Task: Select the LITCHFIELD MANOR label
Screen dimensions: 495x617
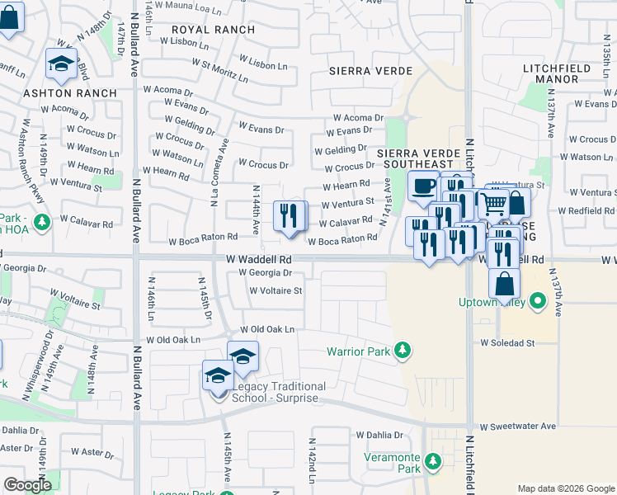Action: click(x=550, y=73)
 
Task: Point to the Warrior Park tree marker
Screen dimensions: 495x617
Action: click(x=403, y=351)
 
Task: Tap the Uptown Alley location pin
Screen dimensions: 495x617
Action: click(x=538, y=301)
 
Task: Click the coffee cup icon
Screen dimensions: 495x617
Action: click(x=423, y=187)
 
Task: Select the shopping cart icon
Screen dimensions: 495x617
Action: click(x=493, y=202)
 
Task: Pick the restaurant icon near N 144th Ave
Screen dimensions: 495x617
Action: click(x=290, y=217)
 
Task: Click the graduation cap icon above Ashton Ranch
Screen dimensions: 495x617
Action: click(x=61, y=64)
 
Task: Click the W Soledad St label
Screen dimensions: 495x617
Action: click(x=507, y=342)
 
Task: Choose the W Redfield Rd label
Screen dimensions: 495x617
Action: click(x=586, y=211)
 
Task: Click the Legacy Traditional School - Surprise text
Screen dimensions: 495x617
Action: click(x=279, y=392)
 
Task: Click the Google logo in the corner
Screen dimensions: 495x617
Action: click(x=27, y=485)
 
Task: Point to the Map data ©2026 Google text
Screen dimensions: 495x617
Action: click(x=565, y=488)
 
